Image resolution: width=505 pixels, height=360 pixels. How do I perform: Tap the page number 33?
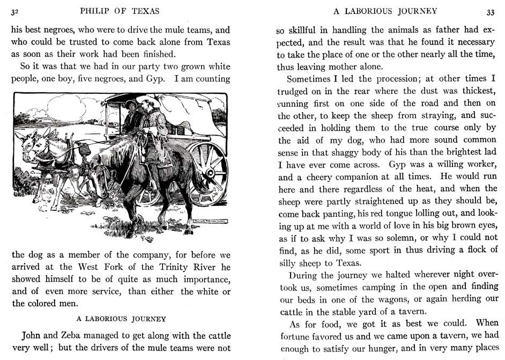[491, 11]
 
